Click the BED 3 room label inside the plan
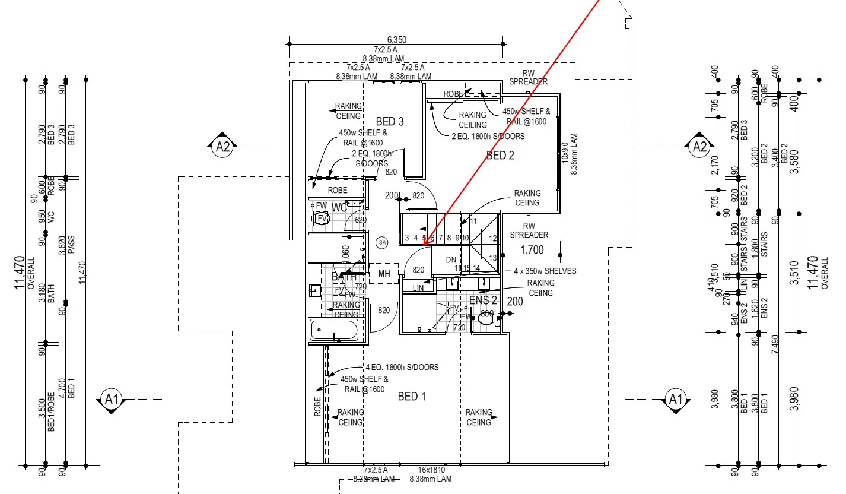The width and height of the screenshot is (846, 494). pyautogui.click(x=390, y=122)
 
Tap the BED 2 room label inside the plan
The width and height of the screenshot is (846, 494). pyautogui.click(x=500, y=156)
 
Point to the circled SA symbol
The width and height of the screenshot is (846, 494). pyautogui.click(x=382, y=242)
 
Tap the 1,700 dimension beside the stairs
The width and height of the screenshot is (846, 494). pyautogui.click(x=532, y=250)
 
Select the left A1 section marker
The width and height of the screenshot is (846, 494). pyautogui.click(x=112, y=399)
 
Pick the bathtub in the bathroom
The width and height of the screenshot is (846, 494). pyautogui.click(x=334, y=330)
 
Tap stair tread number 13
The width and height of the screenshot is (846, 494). pyautogui.click(x=492, y=258)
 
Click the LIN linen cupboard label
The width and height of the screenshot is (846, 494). pyautogui.click(x=418, y=288)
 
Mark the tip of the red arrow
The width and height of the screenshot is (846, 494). pyautogui.click(x=424, y=245)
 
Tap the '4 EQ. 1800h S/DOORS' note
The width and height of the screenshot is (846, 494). pyautogui.click(x=402, y=368)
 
